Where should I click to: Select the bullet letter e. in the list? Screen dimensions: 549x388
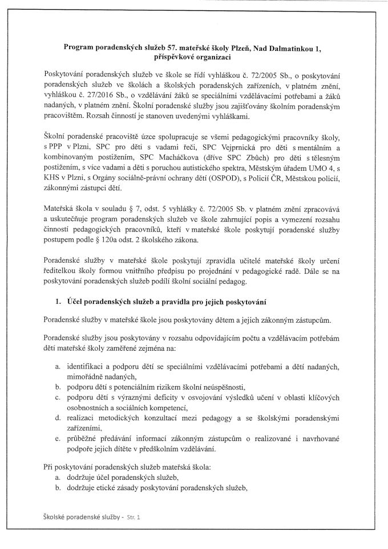click(58, 439)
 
